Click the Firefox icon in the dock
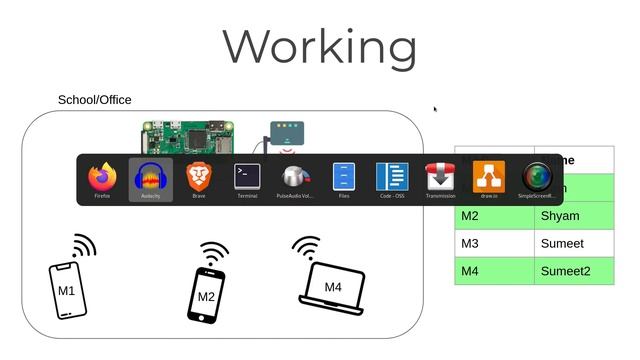(x=103, y=178)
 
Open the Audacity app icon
(x=151, y=178)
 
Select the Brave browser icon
(x=199, y=178)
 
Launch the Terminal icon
(x=247, y=177)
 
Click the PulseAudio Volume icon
(x=295, y=178)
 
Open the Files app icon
(x=344, y=177)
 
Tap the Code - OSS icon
(x=392, y=177)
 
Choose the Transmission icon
(x=440, y=177)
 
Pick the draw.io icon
(x=489, y=177)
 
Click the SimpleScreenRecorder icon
(x=538, y=177)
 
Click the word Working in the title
(x=319, y=46)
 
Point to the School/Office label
(x=95, y=100)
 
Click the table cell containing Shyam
(x=573, y=216)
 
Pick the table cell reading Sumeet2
(x=573, y=271)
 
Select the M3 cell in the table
(x=494, y=243)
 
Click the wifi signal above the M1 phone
(x=83, y=246)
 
